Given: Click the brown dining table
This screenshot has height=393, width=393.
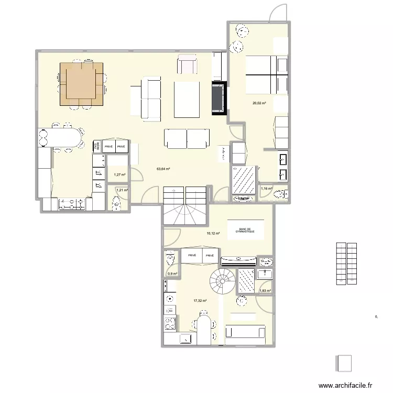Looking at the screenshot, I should (x=81, y=83).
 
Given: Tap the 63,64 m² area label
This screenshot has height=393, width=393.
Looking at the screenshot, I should (x=163, y=169).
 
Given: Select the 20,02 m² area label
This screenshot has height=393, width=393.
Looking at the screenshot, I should (x=259, y=103).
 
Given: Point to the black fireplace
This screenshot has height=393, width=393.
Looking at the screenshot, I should (x=220, y=97).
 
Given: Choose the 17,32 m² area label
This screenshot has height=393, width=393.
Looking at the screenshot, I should (x=200, y=301).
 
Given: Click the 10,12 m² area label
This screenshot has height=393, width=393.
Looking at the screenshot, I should (x=213, y=234).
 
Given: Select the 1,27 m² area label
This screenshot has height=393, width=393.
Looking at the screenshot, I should (x=120, y=174).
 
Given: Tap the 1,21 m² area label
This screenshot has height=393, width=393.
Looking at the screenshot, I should (x=122, y=190).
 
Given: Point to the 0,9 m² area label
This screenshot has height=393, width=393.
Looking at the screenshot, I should (x=172, y=274).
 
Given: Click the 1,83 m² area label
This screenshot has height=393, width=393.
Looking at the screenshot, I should (x=265, y=291).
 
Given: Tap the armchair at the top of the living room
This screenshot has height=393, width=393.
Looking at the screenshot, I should (x=188, y=64).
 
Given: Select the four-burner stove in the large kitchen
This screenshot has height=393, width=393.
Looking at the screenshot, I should (x=72, y=204).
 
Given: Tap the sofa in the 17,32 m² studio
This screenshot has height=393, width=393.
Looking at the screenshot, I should (x=245, y=333).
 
